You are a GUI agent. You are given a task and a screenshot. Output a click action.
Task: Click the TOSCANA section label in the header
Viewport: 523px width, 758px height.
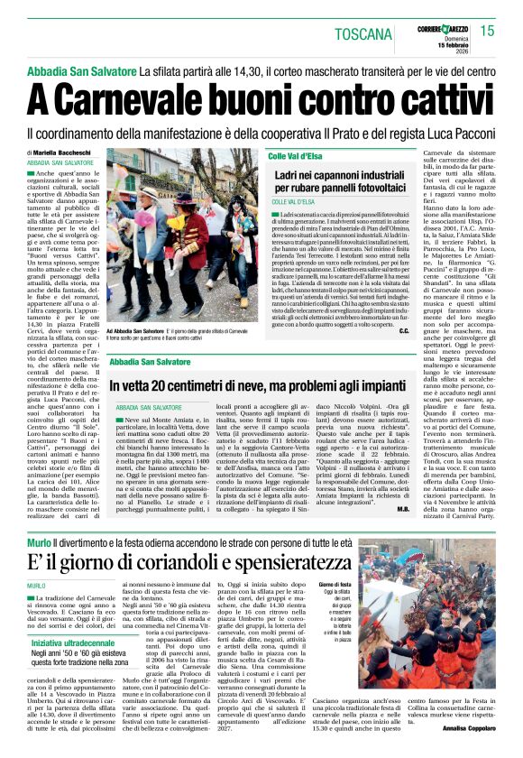365,35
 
